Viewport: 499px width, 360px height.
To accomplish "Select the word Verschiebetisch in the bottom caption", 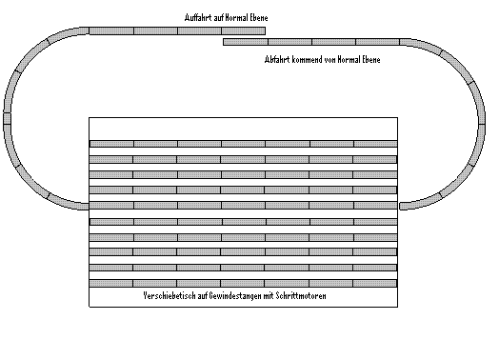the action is [x=170, y=296].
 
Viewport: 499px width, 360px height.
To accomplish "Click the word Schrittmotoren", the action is [x=301, y=296].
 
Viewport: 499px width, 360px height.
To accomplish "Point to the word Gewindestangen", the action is [x=235, y=296].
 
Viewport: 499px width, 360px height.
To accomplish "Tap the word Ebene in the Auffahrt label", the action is [x=259, y=17].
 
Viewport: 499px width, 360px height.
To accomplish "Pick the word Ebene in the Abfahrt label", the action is [x=371, y=59].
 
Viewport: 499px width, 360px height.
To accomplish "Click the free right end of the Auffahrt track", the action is [x=265, y=30].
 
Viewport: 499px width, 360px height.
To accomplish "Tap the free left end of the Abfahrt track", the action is [x=224, y=42].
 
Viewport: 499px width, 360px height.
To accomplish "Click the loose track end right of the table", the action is [x=401, y=207].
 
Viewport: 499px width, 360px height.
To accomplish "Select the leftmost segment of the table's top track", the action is [x=111, y=144].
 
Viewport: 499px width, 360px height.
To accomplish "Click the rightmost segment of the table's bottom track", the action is [x=375, y=283].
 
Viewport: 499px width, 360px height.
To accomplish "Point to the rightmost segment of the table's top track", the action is [x=375, y=144].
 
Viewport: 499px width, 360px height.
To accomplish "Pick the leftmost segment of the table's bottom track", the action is [x=111, y=283].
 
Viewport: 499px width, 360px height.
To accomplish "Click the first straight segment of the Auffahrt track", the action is [x=111, y=30].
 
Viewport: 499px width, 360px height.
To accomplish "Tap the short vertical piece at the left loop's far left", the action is [x=7, y=118].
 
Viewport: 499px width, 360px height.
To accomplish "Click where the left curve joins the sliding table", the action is [x=89, y=207].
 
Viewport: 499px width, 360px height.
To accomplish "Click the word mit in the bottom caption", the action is [x=269, y=296].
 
